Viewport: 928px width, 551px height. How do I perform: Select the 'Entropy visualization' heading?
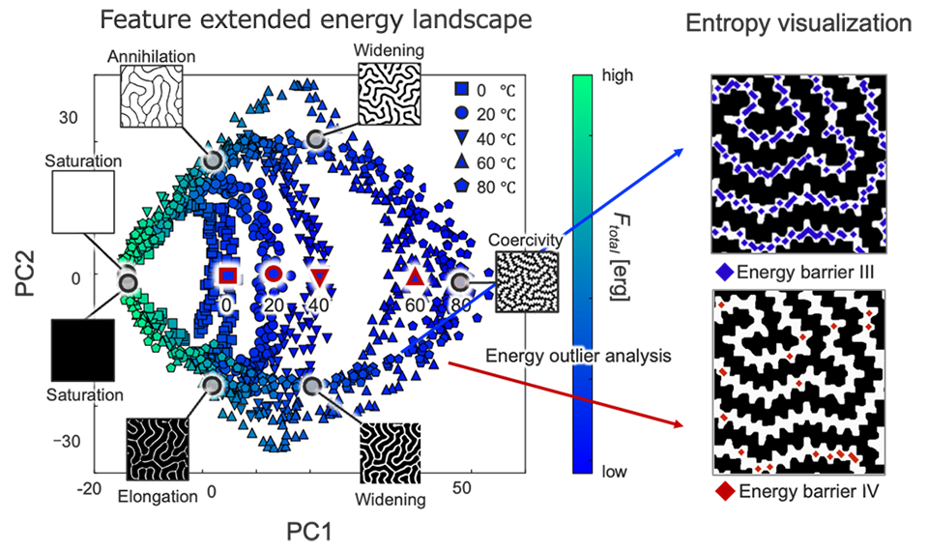click(797, 23)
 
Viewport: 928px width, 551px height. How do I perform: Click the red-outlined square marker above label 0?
click(228, 275)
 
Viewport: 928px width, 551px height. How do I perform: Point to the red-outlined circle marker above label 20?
click(274, 275)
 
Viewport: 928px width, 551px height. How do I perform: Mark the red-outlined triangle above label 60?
click(416, 278)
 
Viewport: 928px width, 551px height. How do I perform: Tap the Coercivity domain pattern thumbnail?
click(527, 281)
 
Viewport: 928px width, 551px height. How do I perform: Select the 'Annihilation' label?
click(154, 57)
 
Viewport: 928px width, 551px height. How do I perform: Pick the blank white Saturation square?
click(83, 204)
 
